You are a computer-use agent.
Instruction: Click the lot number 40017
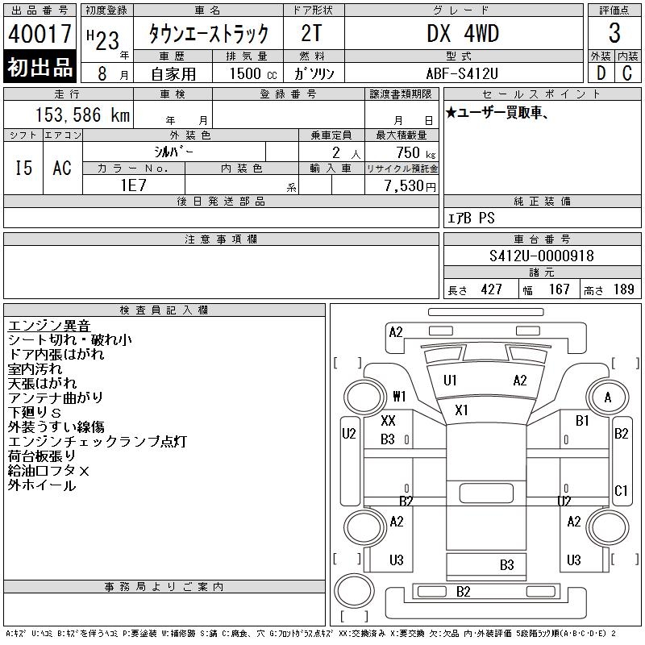pyautogui.click(x=40, y=34)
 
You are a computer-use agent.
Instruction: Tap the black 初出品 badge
pyautogui.click(x=40, y=68)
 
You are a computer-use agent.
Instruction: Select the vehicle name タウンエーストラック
pyautogui.click(x=207, y=34)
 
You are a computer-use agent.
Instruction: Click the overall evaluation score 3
pyautogui.click(x=614, y=34)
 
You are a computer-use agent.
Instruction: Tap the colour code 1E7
pyautogui.click(x=133, y=185)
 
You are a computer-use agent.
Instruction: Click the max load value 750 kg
pyautogui.click(x=408, y=152)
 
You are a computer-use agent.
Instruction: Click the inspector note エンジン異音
pyautogui.click(x=48, y=326)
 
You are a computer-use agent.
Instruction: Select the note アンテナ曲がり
pyautogui.click(x=56, y=398)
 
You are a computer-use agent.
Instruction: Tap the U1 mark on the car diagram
pyautogui.click(x=450, y=381)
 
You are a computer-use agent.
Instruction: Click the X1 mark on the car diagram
pyautogui.click(x=461, y=410)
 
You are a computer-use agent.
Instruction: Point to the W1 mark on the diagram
pyautogui.click(x=399, y=397)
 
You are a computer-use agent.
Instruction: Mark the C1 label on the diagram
pyautogui.click(x=621, y=490)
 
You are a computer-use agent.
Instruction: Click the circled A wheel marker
pyautogui.click(x=607, y=397)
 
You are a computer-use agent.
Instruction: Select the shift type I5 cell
pyautogui.click(x=23, y=168)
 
